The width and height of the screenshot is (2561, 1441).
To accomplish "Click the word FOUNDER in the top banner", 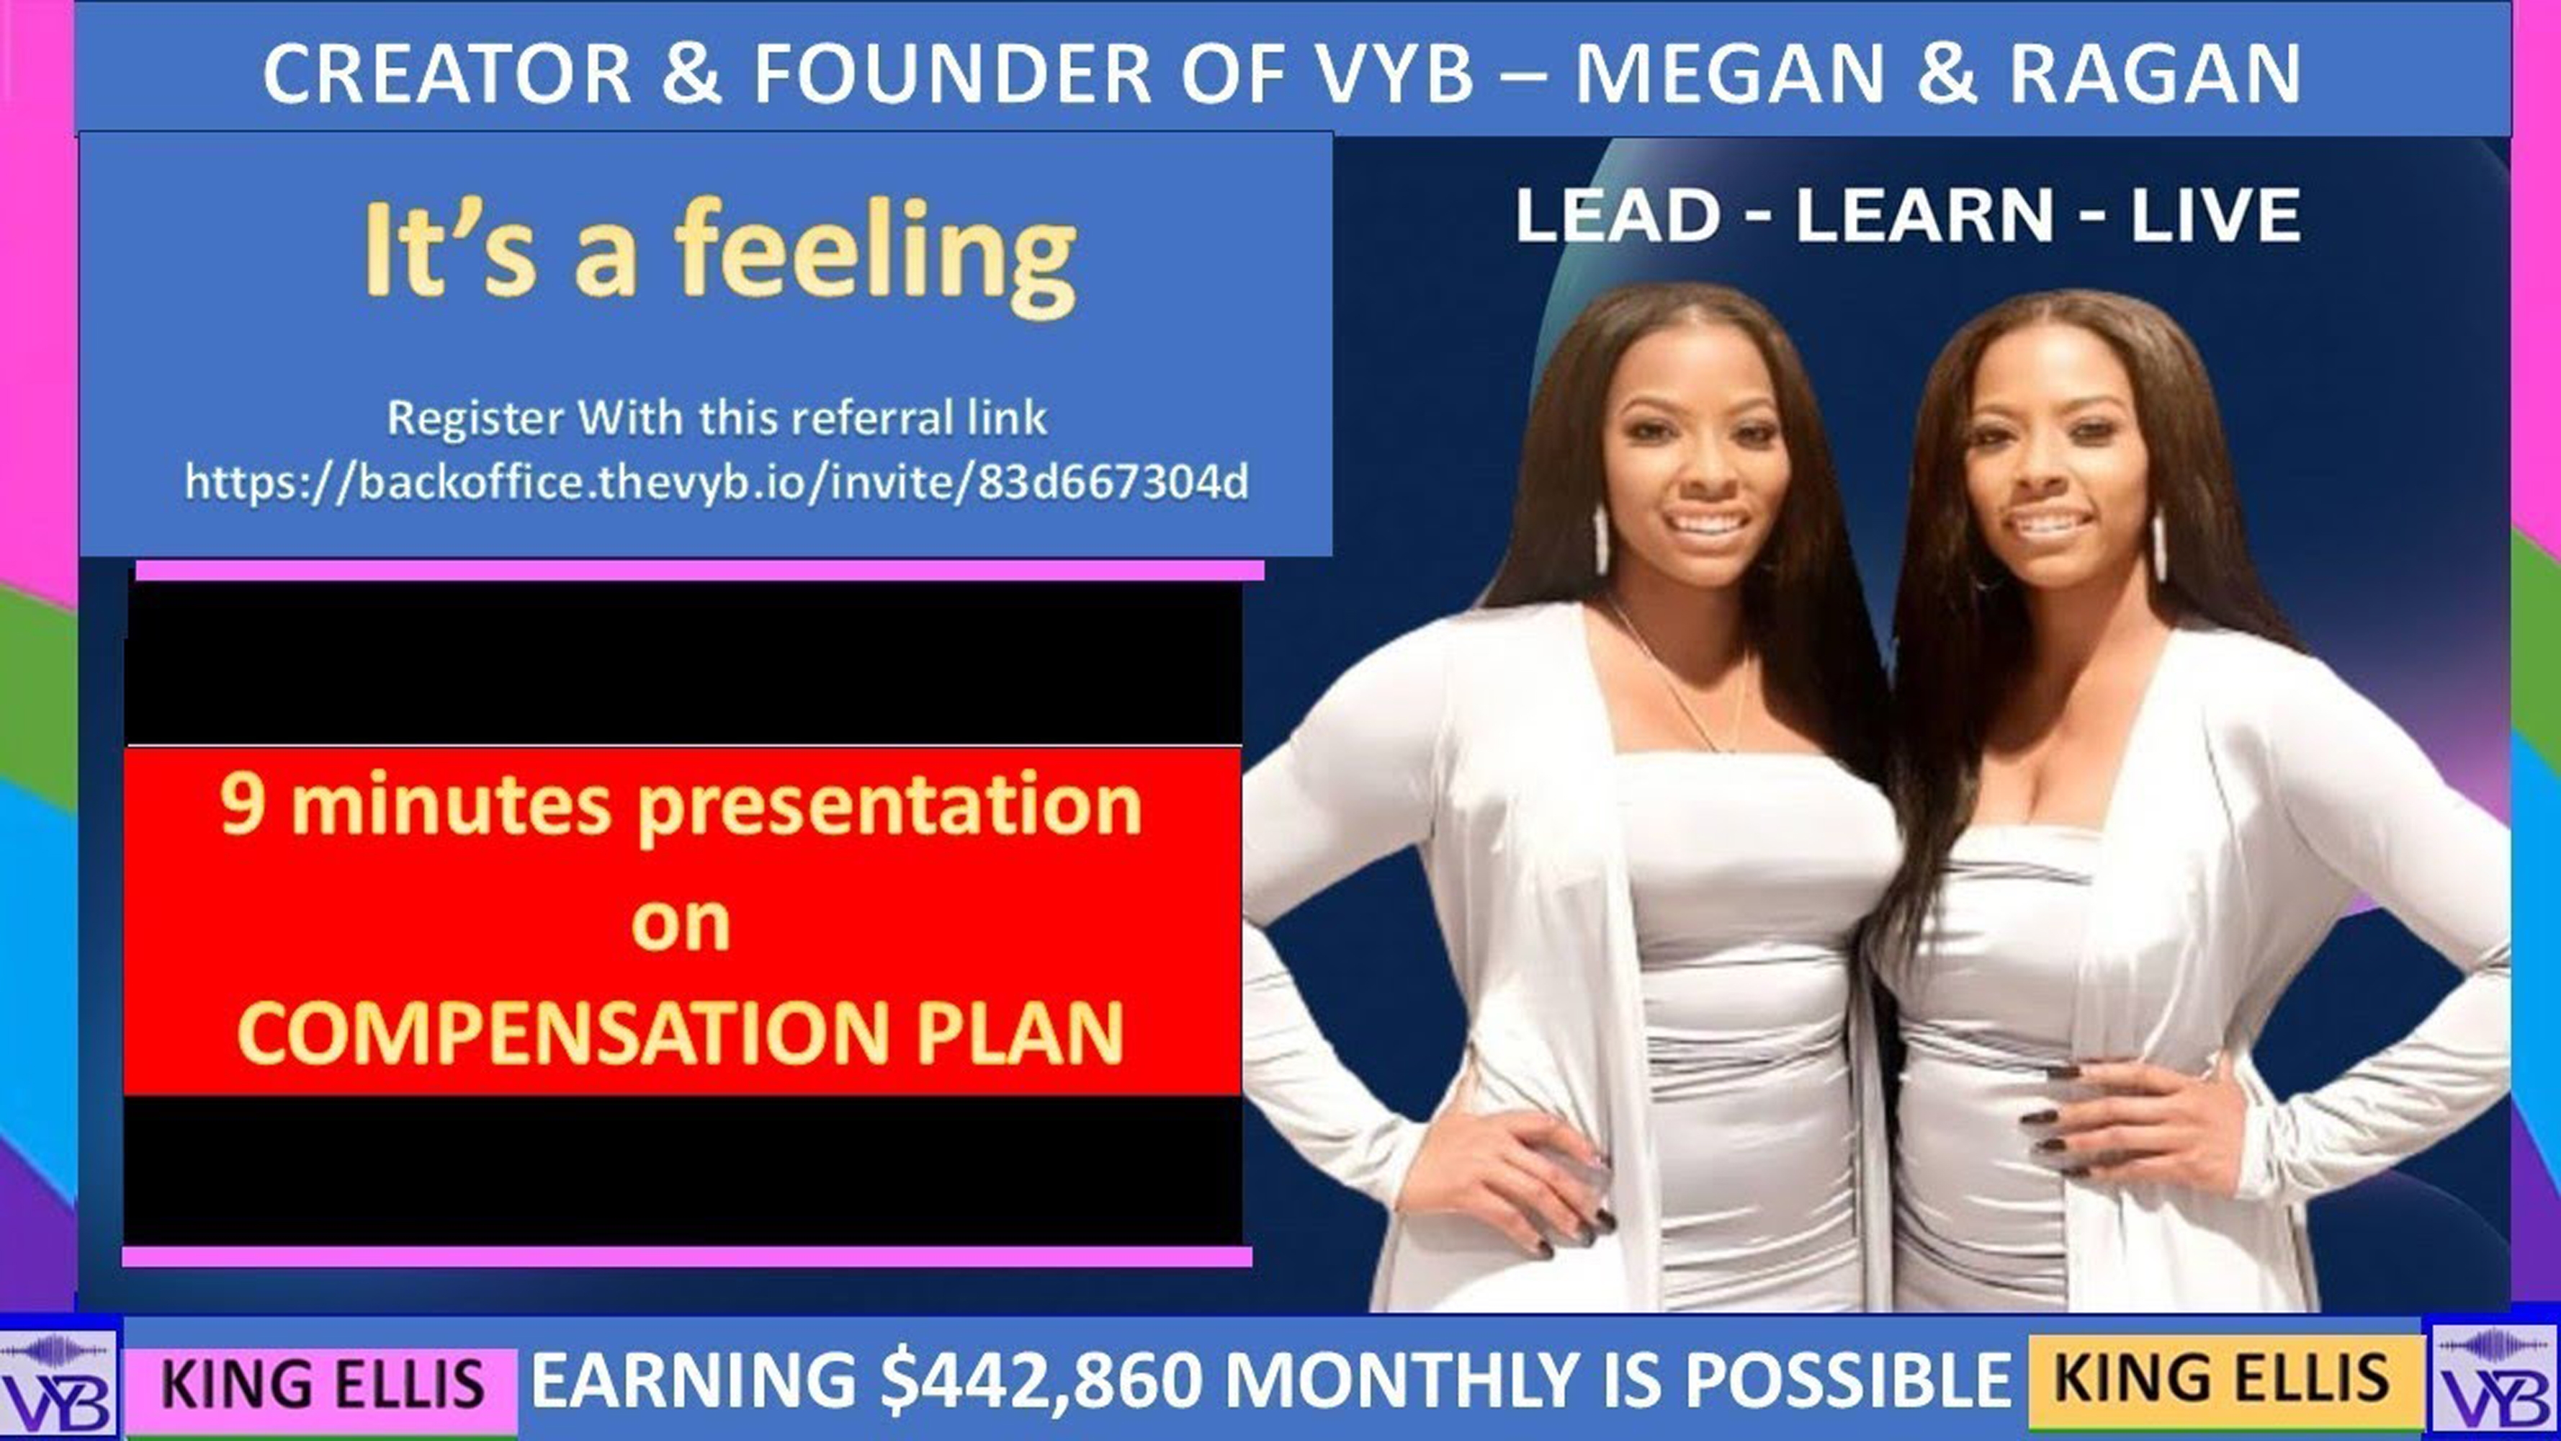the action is (x=951, y=73).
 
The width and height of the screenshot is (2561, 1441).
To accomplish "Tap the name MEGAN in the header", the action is (x=1730, y=73).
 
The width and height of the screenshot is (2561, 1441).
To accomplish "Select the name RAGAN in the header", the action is (x=2156, y=73).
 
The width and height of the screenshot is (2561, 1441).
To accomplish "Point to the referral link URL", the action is (x=717, y=482).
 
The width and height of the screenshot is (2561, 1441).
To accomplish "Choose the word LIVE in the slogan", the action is (x=2216, y=216).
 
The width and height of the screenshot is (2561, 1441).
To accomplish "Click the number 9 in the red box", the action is (x=241, y=803).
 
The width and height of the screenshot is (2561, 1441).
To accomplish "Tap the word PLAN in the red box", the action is (x=1020, y=1033).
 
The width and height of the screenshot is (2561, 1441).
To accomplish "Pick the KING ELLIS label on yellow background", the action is (x=2222, y=1378).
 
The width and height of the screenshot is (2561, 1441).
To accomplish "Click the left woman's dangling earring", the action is (x=1600, y=539).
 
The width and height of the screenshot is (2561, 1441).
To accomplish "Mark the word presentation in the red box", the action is (x=889, y=808).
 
